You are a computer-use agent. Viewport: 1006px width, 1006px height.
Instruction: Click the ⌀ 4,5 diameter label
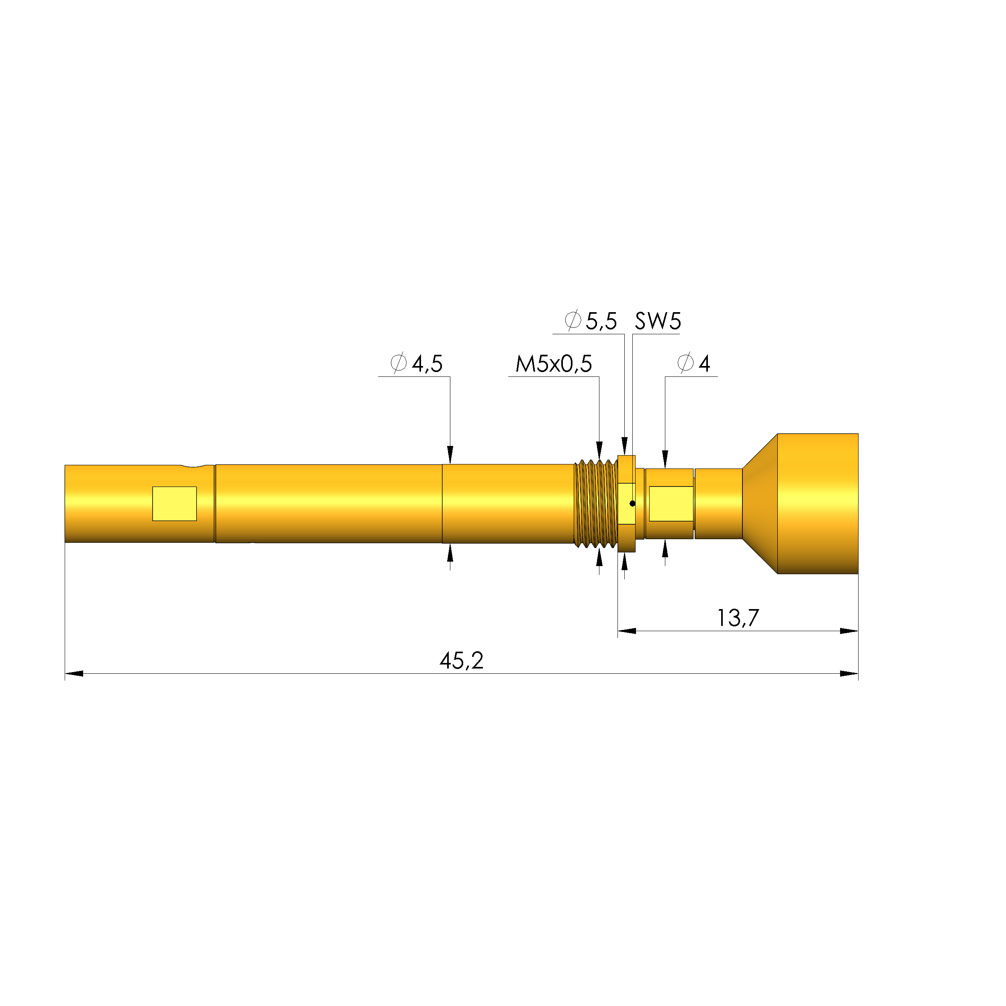click(x=417, y=364)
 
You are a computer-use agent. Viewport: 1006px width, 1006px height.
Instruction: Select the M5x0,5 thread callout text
click(x=554, y=364)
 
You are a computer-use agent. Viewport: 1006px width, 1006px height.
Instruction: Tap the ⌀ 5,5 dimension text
click(x=591, y=321)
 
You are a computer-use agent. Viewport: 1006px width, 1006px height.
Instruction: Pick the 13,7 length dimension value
click(x=738, y=618)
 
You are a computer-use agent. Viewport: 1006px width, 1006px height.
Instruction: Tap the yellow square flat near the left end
click(x=174, y=503)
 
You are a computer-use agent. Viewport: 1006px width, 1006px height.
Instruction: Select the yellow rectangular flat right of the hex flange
click(x=671, y=503)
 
